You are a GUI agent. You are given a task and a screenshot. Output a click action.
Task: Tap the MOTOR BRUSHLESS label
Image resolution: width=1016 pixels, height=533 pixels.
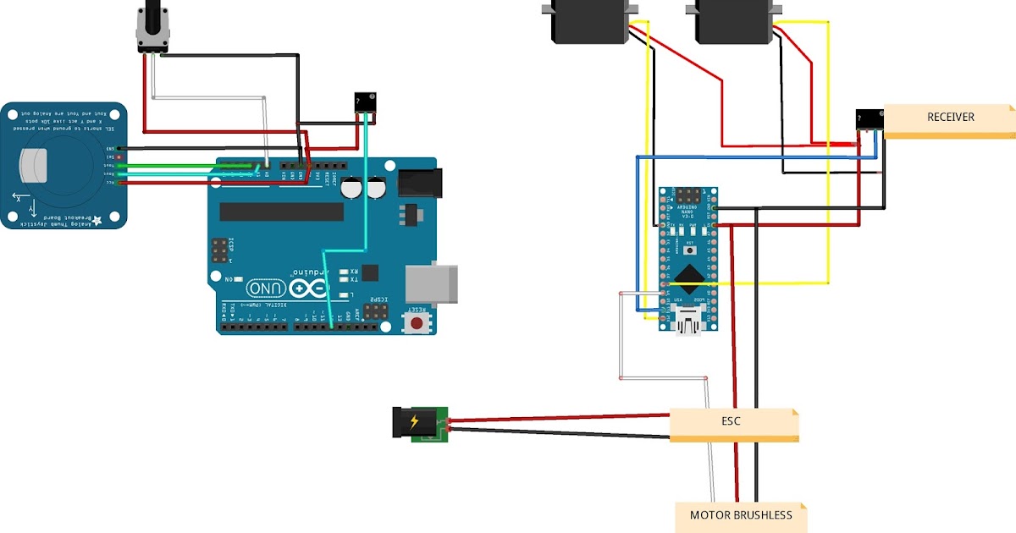click(x=741, y=516)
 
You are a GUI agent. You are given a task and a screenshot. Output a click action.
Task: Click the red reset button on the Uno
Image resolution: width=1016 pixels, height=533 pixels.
click(x=416, y=323)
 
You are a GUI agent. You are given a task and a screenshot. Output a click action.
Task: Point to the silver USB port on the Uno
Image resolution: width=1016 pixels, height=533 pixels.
click(x=432, y=283)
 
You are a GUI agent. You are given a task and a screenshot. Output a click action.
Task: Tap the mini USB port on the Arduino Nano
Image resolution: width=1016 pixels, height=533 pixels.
click(x=690, y=321)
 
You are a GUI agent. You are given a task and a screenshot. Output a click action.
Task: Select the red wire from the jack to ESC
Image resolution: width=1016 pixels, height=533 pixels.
click(x=559, y=417)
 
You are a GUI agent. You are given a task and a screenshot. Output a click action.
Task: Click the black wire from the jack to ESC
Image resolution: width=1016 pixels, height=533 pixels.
click(x=559, y=433)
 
